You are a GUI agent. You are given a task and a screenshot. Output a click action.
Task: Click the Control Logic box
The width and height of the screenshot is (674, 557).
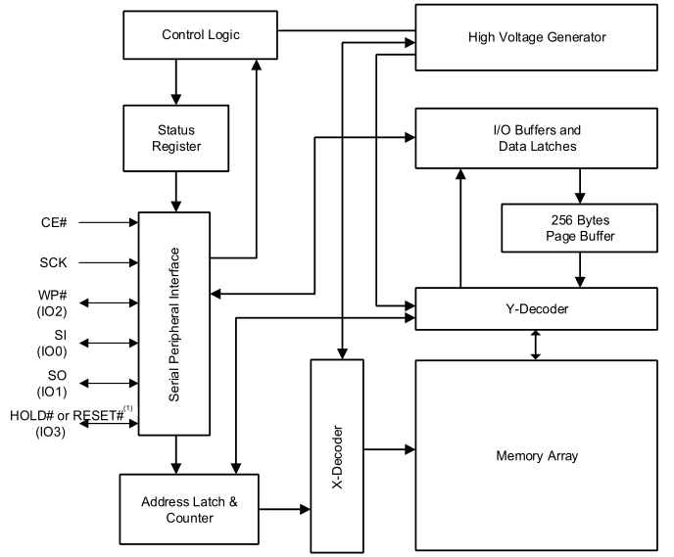(x=200, y=35)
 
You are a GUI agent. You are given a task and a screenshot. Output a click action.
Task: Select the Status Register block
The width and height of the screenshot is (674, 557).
(x=175, y=138)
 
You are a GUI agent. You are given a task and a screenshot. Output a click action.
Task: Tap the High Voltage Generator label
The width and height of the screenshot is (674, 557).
(x=537, y=37)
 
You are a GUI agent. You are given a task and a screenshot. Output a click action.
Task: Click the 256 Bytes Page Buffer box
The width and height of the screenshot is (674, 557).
(x=579, y=228)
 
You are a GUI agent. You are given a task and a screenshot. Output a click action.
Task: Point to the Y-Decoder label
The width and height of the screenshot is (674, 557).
(x=537, y=308)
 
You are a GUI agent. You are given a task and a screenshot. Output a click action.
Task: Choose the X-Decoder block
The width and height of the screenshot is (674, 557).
(x=337, y=456)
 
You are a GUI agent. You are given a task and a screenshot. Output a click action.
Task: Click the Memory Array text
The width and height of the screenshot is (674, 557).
(x=537, y=455)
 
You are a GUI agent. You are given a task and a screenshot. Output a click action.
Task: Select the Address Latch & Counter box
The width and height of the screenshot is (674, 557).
(x=189, y=509)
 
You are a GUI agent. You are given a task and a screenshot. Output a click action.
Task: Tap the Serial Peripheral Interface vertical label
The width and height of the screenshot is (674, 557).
(x=173, y=325)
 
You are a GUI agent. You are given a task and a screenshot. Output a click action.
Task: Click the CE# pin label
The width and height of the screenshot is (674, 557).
(x=54, y=222)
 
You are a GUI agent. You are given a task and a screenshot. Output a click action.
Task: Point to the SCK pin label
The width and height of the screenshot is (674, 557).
(x=53, y=262)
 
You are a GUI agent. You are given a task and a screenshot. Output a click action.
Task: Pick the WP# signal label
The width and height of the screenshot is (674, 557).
(x=53, y=296)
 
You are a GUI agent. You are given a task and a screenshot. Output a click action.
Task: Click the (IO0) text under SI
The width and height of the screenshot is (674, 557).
(x=52, y=351)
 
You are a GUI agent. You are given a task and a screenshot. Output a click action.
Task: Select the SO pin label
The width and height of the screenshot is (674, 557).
(x=57, y=375)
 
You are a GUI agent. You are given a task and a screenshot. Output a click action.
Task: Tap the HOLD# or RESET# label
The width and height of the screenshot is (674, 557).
(x=67, y=416)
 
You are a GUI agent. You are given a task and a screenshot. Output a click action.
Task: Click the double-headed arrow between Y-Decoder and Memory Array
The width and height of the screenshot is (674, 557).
(x=536, y=345)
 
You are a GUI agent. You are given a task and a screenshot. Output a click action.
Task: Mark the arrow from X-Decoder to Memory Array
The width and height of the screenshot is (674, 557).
(x=390, y=449)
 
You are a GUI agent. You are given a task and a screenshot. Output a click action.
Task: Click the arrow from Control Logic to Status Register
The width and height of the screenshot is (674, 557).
(x=175, y=82)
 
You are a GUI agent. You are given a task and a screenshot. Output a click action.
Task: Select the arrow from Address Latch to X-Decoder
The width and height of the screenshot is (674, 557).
(x=284, y=509)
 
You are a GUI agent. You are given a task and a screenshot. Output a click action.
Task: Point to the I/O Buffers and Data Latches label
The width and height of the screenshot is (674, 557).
(x=537, y=138)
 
